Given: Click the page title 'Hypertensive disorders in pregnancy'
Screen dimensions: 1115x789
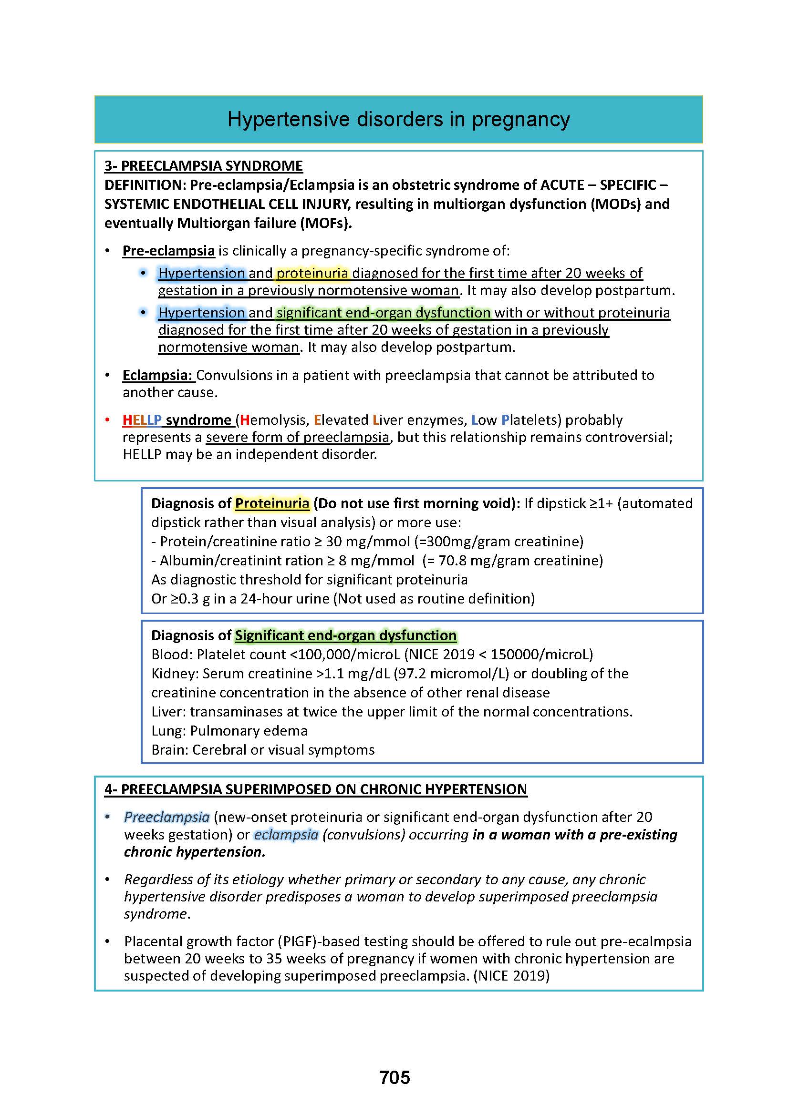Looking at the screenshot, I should (x=398, y=120).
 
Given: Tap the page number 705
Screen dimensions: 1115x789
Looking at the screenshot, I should (x=394, y=1077).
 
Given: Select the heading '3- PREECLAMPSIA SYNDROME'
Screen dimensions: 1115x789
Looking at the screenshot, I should (x=204, y=166).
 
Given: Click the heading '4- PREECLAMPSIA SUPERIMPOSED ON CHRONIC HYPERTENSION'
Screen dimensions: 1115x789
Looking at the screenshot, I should (x=315, y=789).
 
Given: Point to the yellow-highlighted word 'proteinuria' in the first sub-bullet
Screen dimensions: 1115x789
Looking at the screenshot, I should (x=312, y=274).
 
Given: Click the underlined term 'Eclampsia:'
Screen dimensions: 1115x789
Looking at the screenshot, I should (x=158, y=375).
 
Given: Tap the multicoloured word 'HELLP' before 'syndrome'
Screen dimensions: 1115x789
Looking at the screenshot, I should (x=142, y=420).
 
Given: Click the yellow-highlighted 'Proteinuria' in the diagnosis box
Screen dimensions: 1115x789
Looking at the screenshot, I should (x=272, y=503).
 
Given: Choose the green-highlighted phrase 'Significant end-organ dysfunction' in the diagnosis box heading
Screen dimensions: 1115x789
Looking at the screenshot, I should (x=345, y=636).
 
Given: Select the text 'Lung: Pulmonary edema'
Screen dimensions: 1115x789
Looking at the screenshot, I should (x=229, y=731).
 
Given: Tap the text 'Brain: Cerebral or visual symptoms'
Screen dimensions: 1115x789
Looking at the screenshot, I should (x=263, y=750).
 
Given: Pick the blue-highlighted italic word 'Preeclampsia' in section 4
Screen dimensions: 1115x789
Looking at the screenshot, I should (x=166, y=818).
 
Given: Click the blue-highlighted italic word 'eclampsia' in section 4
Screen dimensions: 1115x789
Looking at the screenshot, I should (x=286, y=835).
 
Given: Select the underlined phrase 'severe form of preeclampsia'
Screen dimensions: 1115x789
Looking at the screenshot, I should (x=297, y=438).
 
